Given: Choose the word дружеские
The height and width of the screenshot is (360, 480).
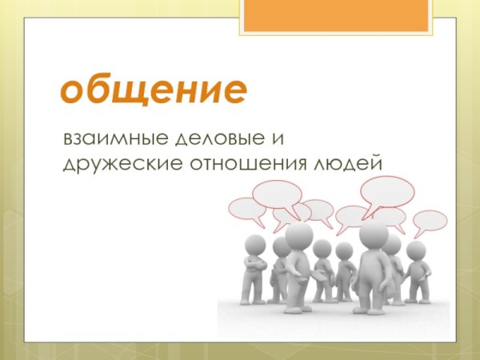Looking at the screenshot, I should pos(113,164).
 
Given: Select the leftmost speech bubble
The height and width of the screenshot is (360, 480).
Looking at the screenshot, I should pos(246,210).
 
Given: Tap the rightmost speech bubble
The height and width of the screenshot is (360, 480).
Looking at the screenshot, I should pos(430,221).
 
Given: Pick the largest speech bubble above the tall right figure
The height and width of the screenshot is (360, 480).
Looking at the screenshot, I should pos(387,191).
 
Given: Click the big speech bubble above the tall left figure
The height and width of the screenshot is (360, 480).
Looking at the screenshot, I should pos(277,194).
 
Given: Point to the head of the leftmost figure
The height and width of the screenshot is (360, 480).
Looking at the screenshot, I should pos(254,244).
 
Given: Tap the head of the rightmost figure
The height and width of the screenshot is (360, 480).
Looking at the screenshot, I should pos(416,250).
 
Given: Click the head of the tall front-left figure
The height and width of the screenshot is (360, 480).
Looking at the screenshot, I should pos(299,235).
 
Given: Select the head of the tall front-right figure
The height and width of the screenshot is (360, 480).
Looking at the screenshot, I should pos(374,234).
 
